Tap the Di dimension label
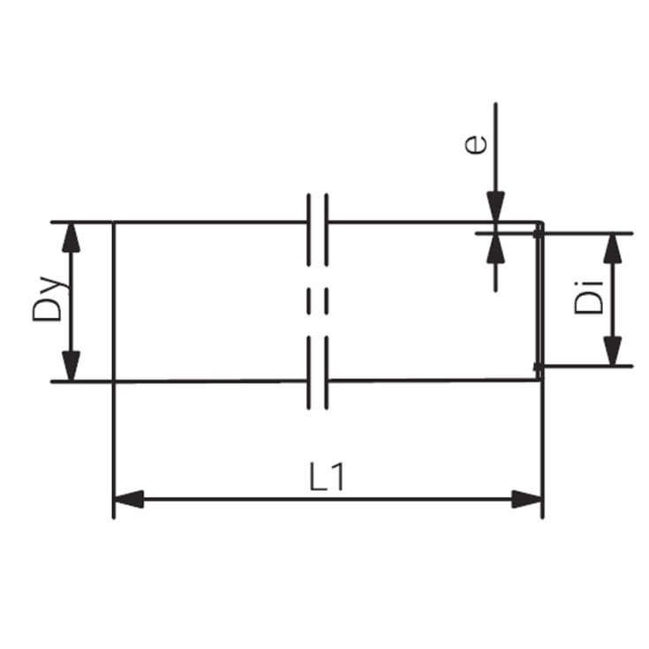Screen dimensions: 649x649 pyautogui.click(x=589, y=298)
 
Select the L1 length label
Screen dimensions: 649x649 pyautogui.click(x=327, y=477)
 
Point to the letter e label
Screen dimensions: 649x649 pyautogui.click(x=476, y=145)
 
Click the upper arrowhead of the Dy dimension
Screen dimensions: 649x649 pyautogui.click(x=71, y=238)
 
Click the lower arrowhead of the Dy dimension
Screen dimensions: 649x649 pyautogui.click(x=71, y=366)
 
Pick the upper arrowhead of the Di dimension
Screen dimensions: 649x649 pyautogui.click(x=613, y=248)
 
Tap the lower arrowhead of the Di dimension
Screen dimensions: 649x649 pyautogui.click(x=613, y=351)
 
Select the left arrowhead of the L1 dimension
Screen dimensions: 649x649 pyautogui.click(x=129, y=499)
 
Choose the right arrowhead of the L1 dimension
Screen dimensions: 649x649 pyautogui.click(x=527, y=499)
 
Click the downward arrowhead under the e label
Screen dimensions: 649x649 pyautogui.click(x=495, y=207)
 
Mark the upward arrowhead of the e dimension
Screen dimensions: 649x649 pyautogui.click(x=495, y=249)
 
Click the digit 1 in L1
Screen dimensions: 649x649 pyautogui.click(x=338, y=477)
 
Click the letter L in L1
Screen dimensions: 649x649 pyautogui.click(x=319, y=477)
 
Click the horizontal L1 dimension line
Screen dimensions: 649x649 pyautogui.click(x=328, y=499)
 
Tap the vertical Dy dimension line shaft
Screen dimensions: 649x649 pyautogui.click(x=71, y=302)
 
